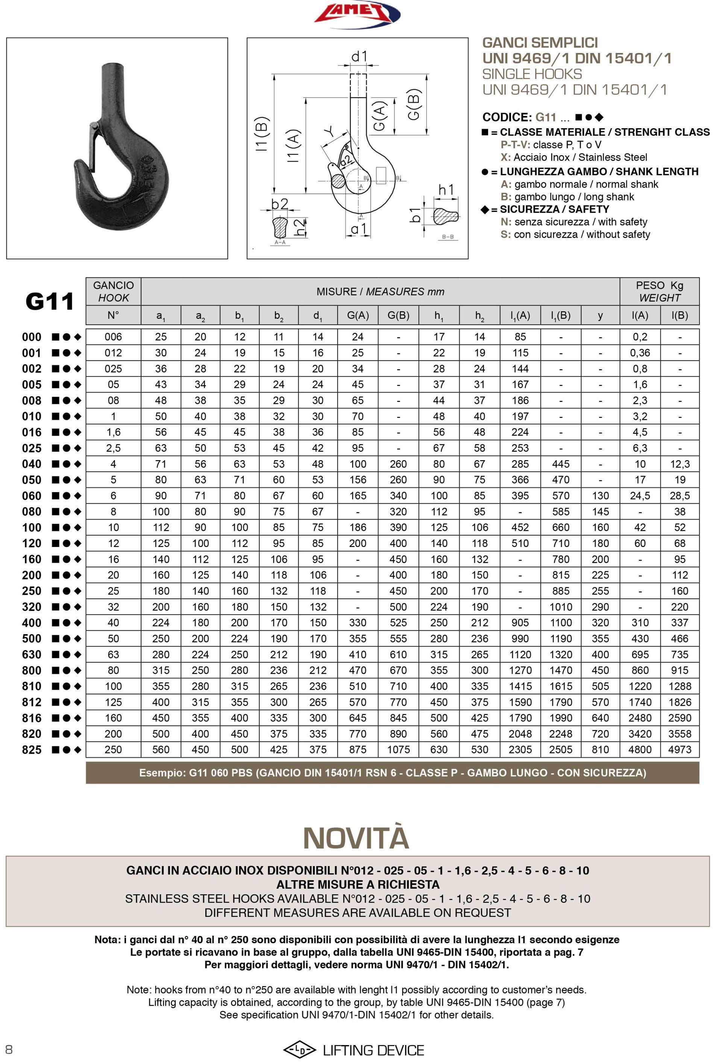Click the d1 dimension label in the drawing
click(x=359, y=56)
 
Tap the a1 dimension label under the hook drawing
click(x=358, y=229)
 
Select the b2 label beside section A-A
click(x=279, y=204)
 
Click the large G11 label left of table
click(x=49, y=301)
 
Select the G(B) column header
click(x=398, y=315)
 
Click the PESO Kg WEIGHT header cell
click(x=659, y=292)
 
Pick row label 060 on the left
click(x=32, y=496)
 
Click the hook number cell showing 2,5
click(x=114, y=448)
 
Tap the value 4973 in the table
click(x=680, y=750)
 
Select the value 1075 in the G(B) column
click(x=398, y=750)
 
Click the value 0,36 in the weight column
click(x=640, y=353)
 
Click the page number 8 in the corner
click(x=9, y=1049)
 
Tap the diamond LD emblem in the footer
click(x=299, y=1050)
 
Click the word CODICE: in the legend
click(x=507, y=117)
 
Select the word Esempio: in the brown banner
click(x=162, y=773)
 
